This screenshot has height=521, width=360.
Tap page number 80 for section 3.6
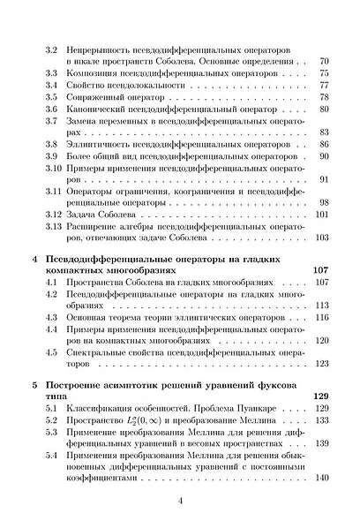click(323, 108)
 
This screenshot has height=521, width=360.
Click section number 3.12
click(54, 215)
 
